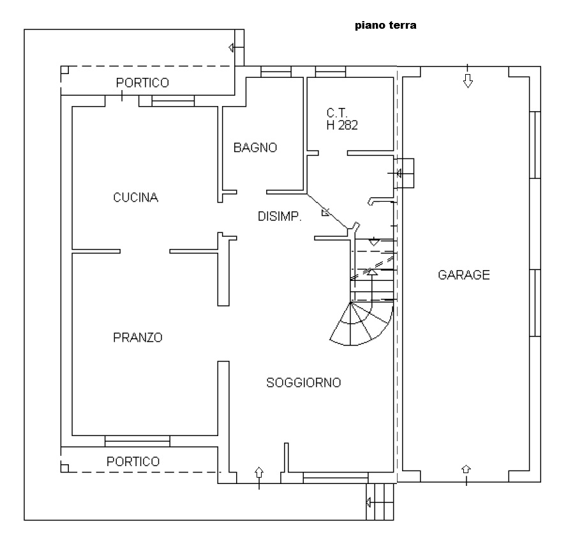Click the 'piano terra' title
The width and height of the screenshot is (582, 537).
385,26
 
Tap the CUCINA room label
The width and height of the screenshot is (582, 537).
136,197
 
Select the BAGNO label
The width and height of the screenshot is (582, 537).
255,147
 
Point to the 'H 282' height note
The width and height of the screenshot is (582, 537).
342,125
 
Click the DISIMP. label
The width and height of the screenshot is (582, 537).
280,216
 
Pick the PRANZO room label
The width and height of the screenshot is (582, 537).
138,338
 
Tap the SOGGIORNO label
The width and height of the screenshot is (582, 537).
304,382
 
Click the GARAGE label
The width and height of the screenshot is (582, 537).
464,275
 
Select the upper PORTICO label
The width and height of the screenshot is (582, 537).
142,82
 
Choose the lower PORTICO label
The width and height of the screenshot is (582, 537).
133,462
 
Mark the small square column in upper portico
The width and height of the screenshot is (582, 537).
64,70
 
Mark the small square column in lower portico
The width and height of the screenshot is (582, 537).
64,468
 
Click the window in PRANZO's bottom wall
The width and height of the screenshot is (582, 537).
137,441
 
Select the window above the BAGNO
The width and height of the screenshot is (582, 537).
276,72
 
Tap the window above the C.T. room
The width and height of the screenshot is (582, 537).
331,72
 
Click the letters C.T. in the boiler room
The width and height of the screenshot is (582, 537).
337,113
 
